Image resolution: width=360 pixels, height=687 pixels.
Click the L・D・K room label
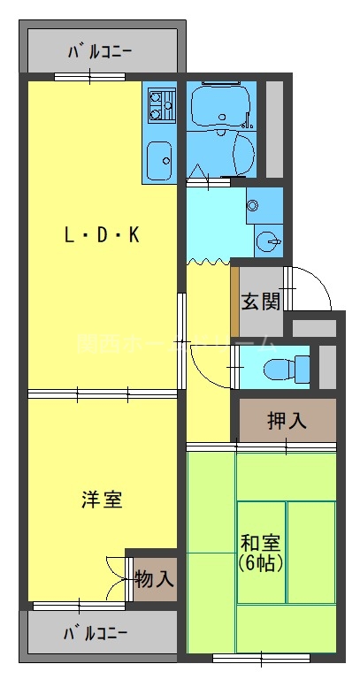click(103, 235)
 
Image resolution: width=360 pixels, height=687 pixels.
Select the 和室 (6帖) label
click(262, 552)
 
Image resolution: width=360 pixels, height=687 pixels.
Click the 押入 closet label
click(287, 420)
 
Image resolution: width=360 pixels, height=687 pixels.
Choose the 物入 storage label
click(155, 580)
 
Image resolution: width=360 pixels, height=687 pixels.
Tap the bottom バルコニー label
click(96, 633)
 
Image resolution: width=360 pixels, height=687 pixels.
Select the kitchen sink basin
click(160, 160)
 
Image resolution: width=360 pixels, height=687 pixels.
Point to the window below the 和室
click(262, 657)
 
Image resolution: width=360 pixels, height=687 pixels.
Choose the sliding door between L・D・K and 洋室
click(103, 393)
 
